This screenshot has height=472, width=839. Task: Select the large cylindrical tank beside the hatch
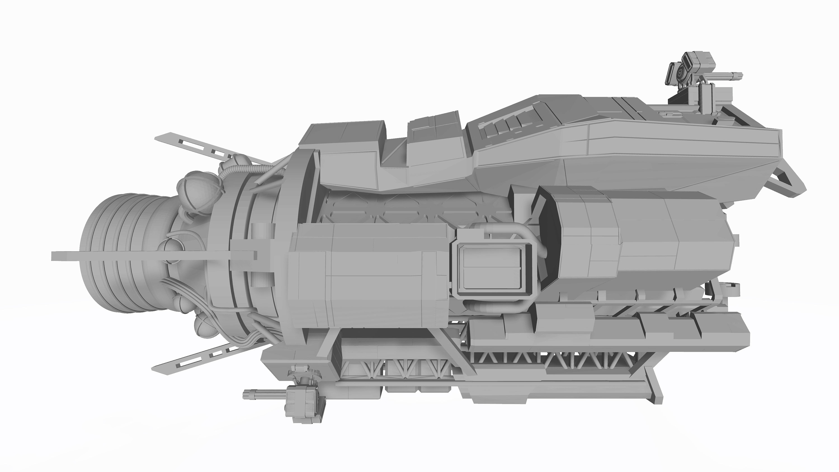pyautogui.click(x=368, y=277)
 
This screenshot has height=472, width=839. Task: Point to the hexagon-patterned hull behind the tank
pyautogui.click(x=407, y=209)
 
